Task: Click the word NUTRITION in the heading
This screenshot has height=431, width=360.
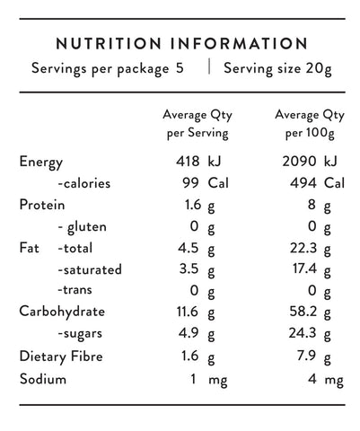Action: (109, 43)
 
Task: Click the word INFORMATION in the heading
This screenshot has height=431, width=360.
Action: (239, 43)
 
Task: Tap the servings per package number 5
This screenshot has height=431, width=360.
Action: (180, 68)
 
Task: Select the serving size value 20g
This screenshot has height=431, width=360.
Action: (319, 69)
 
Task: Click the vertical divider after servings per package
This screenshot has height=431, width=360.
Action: (209, 66)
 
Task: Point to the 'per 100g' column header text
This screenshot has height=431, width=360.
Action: (310, 133)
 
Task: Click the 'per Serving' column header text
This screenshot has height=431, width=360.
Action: (198, 133)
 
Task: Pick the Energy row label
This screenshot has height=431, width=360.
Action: (41, 163)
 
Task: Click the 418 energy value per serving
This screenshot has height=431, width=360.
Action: (188, 162)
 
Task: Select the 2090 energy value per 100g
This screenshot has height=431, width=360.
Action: (299, 162)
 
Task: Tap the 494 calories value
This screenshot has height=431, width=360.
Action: (303, 183)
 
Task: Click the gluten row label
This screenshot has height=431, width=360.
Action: (83, 227)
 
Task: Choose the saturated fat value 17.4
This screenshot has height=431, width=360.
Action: (304, 268)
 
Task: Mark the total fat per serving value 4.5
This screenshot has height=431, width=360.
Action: (189, 248)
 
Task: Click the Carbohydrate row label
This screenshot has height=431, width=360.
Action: (62, 312)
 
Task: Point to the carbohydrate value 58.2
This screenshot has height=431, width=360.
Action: (303, 312)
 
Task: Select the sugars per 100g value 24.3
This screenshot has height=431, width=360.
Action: (303, 333)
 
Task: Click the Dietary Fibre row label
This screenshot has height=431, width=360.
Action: (61, 356)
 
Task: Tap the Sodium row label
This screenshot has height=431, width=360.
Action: (43, 379)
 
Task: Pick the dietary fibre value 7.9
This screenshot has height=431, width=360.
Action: (306, 356)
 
